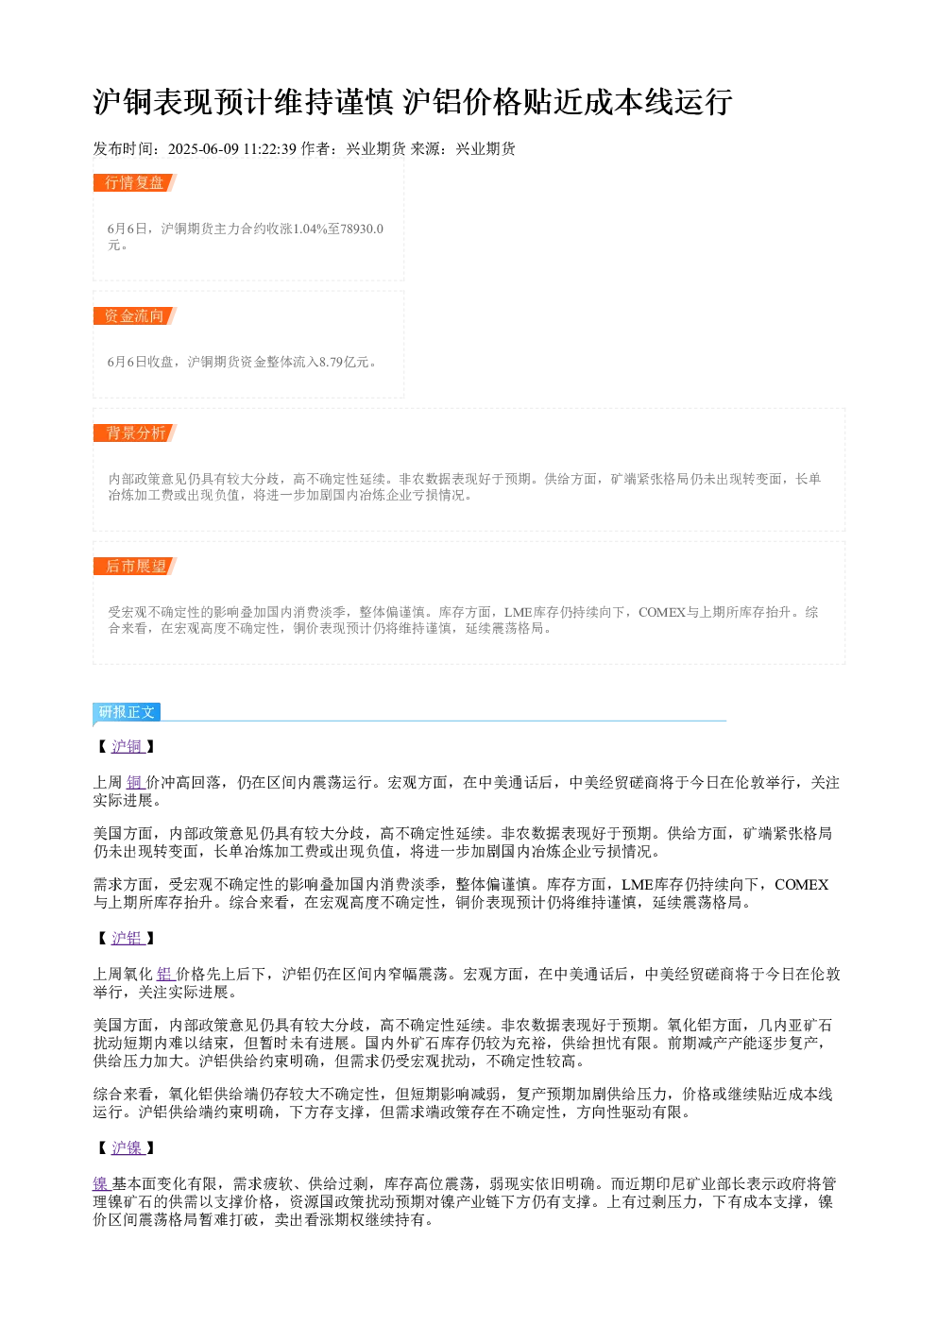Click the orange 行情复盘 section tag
pyautogui.click(x=135, y=183)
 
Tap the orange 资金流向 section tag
pyautogui.click(x=135, y=315)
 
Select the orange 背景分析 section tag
pyautogui.click(x=135, y=433)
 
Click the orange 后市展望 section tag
pyautogui.click(x=135, y=566)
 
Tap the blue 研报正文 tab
pyautogui.click(x=127, y=711)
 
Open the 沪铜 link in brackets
pyautogui.click(x=128, y=746)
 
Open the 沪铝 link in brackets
pyautogui.click(x=128, y=938)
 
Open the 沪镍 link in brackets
pyautogui.click(x=128, y=1148)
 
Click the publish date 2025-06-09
pyautogui.click(x=203, y=149)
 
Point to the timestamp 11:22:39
pyautogui.click(x=270, y=149)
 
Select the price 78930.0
pyautogui.click(x=362, y=229)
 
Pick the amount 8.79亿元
pyautogui.click(x=344, y=362)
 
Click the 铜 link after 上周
pyautogui.click(x=135, y=783)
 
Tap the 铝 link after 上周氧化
pyautogui.click(x=165, y=975)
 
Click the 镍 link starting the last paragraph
pyautogui.click(x=102, y=1184)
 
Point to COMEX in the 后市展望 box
pyautogui.click(x=662, y=612)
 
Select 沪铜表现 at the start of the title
pyautogui.click(x=153, y=102)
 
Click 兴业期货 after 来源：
pyautogui.click(x=486, y=149)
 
